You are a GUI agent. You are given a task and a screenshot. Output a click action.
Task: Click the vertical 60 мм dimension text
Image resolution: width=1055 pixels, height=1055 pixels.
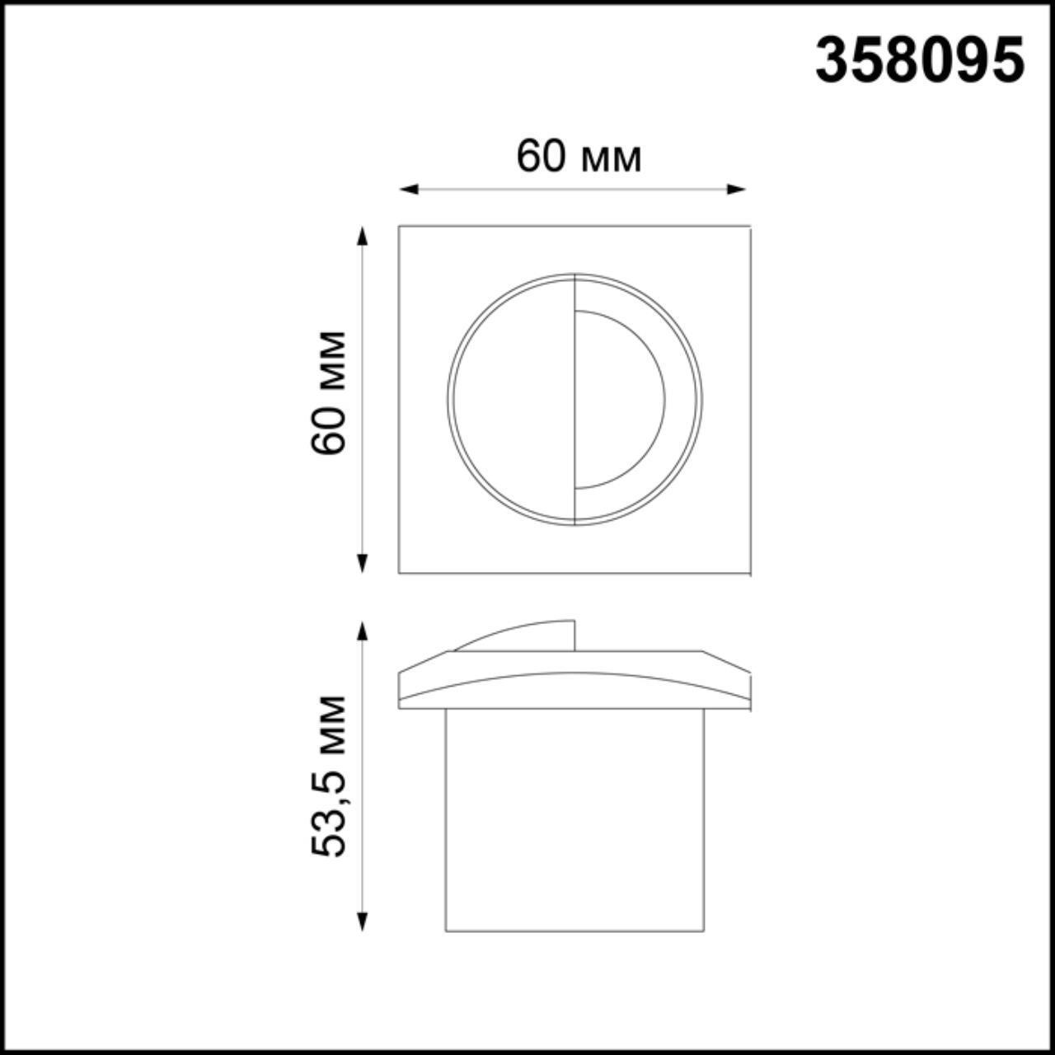(x=330, y=393)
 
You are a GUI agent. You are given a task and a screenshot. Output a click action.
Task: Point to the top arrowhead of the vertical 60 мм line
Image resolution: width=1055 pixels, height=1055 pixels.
(x=361, y=236)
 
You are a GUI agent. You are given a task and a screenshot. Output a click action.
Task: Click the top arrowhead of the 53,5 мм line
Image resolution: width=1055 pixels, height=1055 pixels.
(x=361, y=631)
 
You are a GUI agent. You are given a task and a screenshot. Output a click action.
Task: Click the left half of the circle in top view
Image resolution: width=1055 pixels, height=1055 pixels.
(x=511, y=400)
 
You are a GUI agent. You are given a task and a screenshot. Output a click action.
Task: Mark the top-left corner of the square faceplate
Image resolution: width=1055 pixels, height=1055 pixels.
(x=400, y=227)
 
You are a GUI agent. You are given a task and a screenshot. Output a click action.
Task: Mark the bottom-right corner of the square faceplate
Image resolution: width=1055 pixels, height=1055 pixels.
(x=748, y=573)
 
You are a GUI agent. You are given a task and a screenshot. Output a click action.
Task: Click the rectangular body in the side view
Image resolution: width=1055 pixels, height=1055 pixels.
(x=574, y=820)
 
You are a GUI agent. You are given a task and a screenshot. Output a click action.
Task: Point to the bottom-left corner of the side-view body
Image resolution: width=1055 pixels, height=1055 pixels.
(x=446, y=931)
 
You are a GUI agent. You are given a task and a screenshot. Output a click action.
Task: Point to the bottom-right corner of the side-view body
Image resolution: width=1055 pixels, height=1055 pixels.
(x=705, y=931)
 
